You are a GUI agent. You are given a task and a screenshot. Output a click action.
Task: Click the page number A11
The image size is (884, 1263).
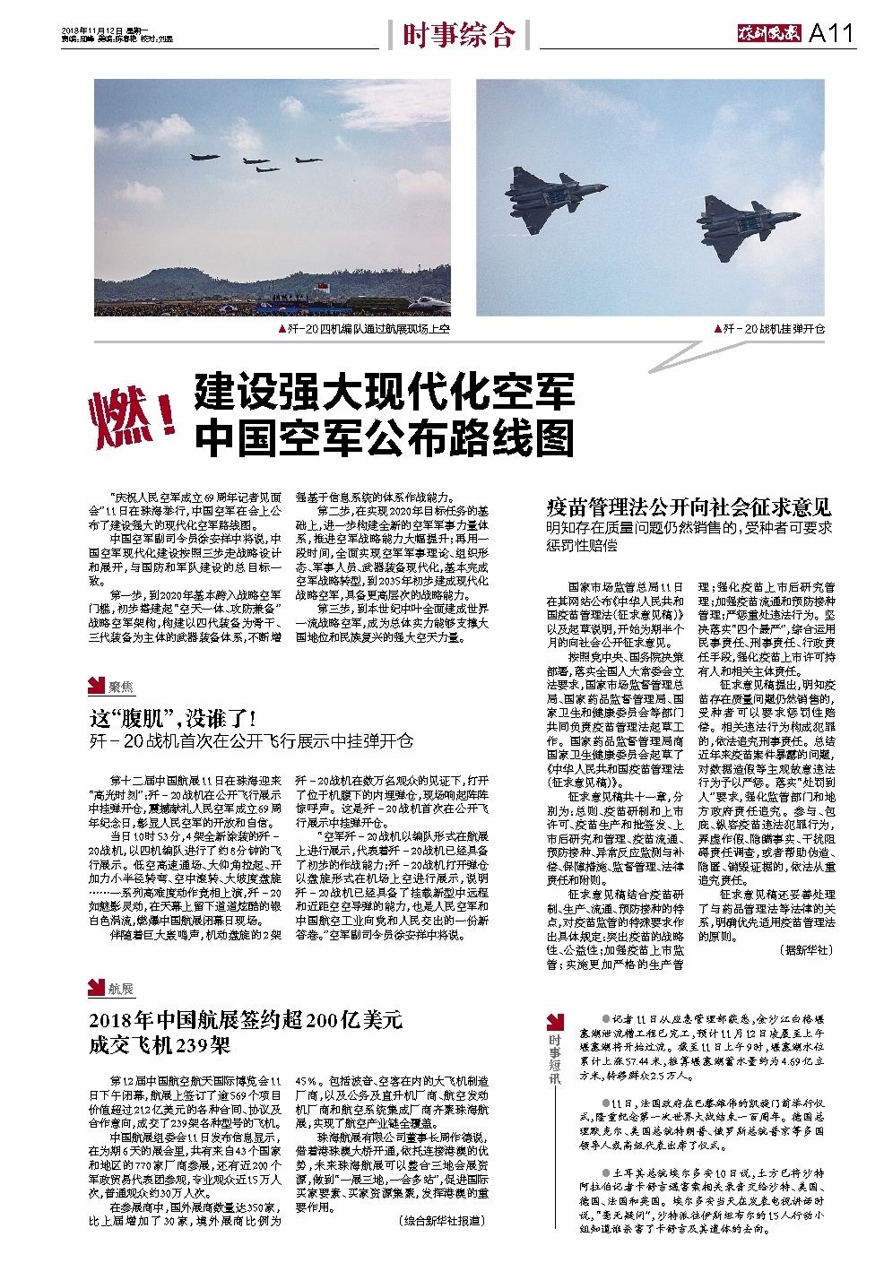[832, 34]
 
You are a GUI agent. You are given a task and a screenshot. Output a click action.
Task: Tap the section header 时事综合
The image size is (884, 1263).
[458, 35]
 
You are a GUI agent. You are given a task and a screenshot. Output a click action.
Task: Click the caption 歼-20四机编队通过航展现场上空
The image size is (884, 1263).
[365, 329]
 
